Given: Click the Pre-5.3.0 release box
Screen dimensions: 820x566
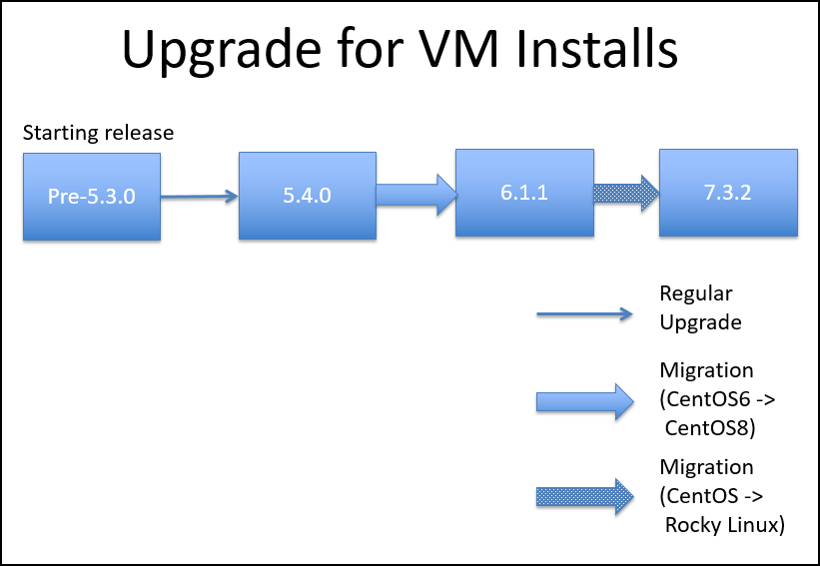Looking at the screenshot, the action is pos(92,197).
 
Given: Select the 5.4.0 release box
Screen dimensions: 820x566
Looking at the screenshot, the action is pos(308,196).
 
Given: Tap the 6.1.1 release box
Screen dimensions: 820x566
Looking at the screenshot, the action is pos(524,193).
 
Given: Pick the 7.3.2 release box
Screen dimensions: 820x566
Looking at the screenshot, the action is pos(728,193).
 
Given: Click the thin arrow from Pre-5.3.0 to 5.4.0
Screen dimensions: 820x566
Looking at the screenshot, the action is pos(199,197).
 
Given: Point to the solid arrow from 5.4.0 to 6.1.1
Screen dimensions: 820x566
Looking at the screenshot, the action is pos(416,195).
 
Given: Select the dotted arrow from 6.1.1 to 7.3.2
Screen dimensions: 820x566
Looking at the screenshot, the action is pos(626,194).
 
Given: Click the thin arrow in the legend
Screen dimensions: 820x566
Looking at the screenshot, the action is pos(584,314).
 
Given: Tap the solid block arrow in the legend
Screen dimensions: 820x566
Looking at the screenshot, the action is pos(585,402).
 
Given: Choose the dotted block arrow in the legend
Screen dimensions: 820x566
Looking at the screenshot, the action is pos(585,497).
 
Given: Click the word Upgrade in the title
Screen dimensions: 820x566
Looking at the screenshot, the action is pos(221,50).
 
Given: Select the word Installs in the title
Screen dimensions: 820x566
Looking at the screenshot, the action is pos(596,48).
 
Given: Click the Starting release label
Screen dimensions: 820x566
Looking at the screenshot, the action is pos(98,133).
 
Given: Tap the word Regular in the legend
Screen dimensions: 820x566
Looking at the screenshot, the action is pos(696,294).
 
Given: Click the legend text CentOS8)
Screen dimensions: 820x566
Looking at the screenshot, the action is pos(710,428).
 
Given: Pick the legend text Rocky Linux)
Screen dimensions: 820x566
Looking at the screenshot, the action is pos(725,525).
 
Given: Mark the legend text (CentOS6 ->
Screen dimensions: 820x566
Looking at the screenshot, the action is pos(717,399).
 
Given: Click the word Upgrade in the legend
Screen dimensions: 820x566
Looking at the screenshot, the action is pos(701,322).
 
